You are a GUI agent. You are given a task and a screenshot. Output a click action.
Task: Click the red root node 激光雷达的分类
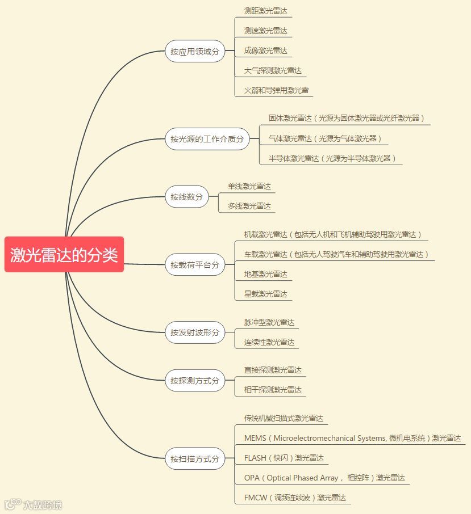pyautogui.click(x=64, y=255)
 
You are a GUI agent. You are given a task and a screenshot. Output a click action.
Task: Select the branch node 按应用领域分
pyautogui.click(x=195, y=52)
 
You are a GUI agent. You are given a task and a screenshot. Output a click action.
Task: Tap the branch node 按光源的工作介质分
pyautogui.click(x=207, y=138)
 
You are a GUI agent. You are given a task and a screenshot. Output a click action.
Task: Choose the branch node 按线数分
pyautogui.click(x=186, y=197)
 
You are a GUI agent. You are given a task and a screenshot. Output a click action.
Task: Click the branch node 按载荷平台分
pyautogui.click(x=195, y=265)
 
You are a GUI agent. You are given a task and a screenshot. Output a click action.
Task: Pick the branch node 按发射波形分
pyautogui.click(x=195, y=332)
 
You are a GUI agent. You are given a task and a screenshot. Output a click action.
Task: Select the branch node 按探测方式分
pyautogui.click(x=195, y=381)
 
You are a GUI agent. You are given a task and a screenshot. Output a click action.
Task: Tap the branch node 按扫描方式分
pyautogui.click(x=195, y=459)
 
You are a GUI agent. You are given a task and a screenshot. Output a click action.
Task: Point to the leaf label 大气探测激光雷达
pyautogui.click(x=273, y=70)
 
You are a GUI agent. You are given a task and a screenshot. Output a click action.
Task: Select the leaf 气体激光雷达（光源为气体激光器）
pyautogui.click(x=325, y=138)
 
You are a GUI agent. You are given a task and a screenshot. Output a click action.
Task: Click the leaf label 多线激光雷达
pyautogui.click(x=249, y=206)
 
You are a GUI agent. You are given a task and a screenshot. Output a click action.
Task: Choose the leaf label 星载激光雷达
pyautogui.click(x=266, y=294)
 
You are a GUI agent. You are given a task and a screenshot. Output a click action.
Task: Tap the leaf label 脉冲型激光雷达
pyautogui.click(x=269, y=322)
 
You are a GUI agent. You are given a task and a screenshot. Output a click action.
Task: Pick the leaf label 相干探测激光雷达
pyautogui.click(x=273, y=390)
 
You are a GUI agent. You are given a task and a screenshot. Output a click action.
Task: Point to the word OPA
pyautogui.click(x=252, y=478)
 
